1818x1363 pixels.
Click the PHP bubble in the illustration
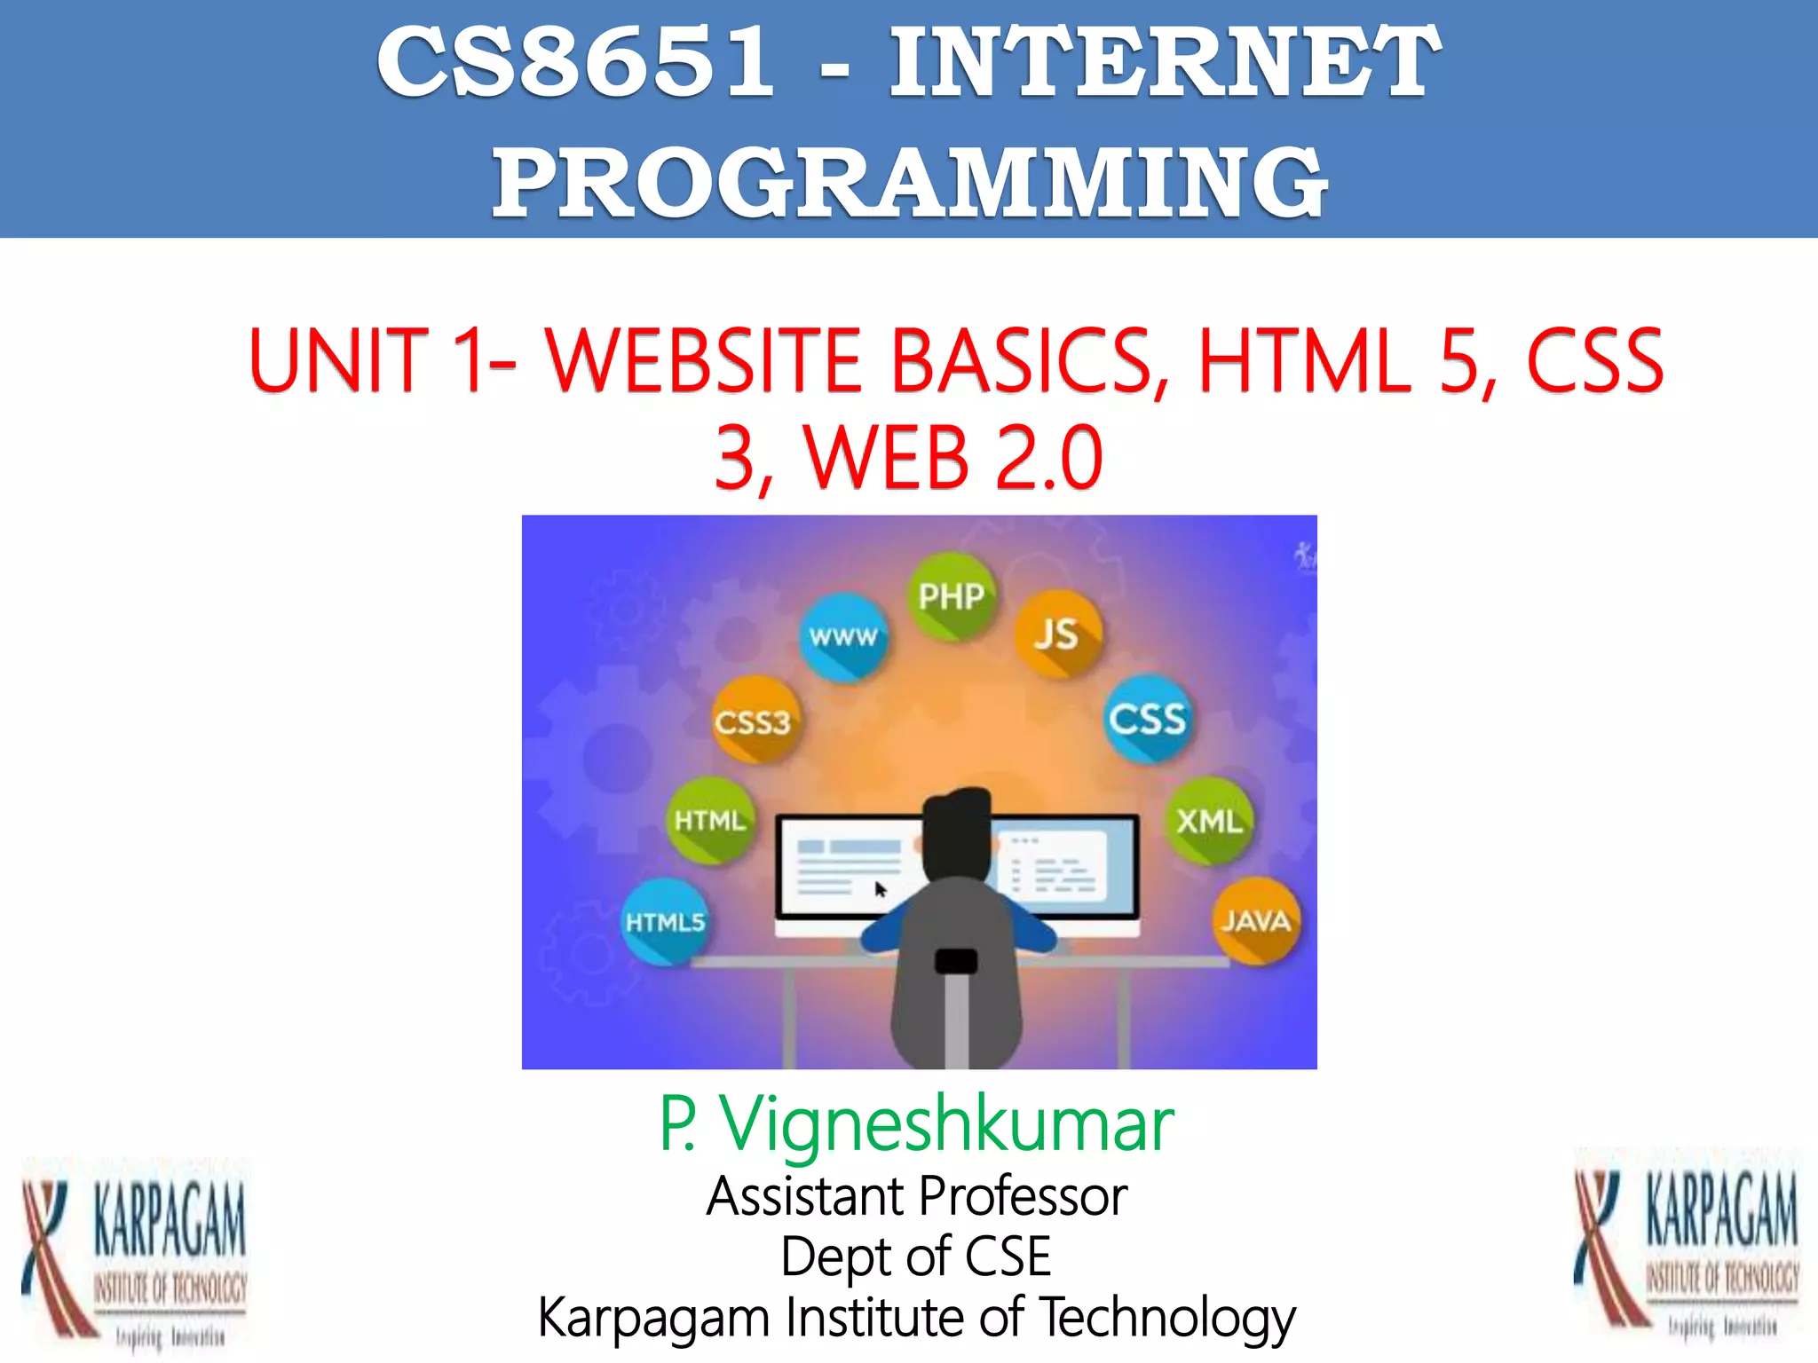tap(951, 595)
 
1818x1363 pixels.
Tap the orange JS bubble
tap(1056, 634)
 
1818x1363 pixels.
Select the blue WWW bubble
tap(842, 636)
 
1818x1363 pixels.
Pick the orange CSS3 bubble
tap(754, 721)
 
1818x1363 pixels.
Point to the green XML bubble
tap(1208, 821)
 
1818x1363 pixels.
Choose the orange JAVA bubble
tap(1255, 920)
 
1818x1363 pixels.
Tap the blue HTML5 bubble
tap(665, 922)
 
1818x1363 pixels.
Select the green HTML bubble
tap(709, 821)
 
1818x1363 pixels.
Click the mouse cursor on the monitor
tap(881, 889)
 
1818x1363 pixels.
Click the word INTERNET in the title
tap(1165, 62)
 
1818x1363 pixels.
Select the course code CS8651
tap(576, 62)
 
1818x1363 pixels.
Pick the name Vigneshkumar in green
tap(946, 1124)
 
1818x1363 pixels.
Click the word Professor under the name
tap(1027, 1196)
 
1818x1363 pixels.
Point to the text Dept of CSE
tap(916, 1257)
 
